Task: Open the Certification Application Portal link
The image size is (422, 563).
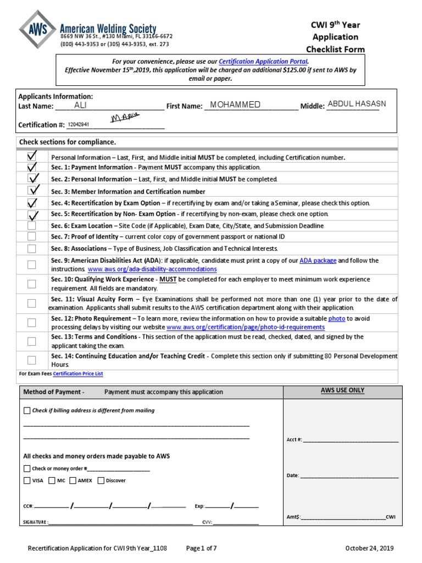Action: [x=263, y=62]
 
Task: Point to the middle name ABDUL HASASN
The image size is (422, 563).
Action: [x=357, y=104]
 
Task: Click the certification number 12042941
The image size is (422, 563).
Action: [x=78, y=125]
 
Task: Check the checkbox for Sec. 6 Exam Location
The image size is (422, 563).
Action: [x=32, y=225]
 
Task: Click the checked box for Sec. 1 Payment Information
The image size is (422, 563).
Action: [x=32, y=167]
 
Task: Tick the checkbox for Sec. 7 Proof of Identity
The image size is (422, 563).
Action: [x=32, y=236]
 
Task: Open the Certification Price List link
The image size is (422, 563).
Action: [x=78, y=374]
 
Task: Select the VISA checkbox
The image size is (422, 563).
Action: [x=27, y=480]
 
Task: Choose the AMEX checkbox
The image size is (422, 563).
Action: [x=73, y=480]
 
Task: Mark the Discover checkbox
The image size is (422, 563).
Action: [x=101, y=480]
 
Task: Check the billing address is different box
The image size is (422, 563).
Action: [x=27, y=410]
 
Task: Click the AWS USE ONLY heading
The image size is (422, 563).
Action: [x=342, y=390]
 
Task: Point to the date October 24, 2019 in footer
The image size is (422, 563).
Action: [x=369, y=548]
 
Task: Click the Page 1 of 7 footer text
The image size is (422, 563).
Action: [x=202, y=548]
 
